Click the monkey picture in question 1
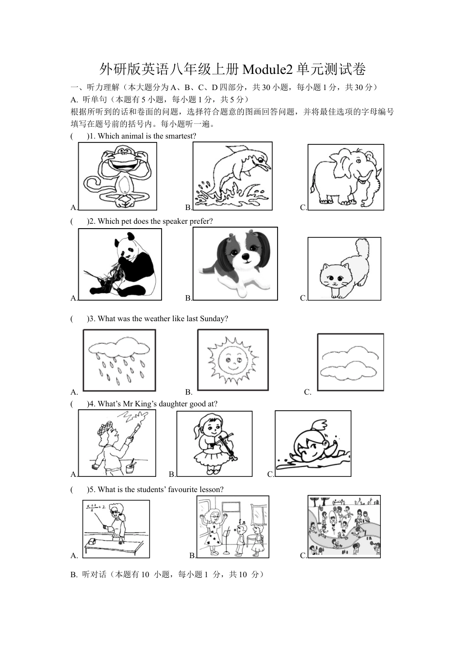[117, 176]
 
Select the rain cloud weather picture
[119, 360]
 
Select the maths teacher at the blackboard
[116, 529]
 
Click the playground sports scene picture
[344, 527]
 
